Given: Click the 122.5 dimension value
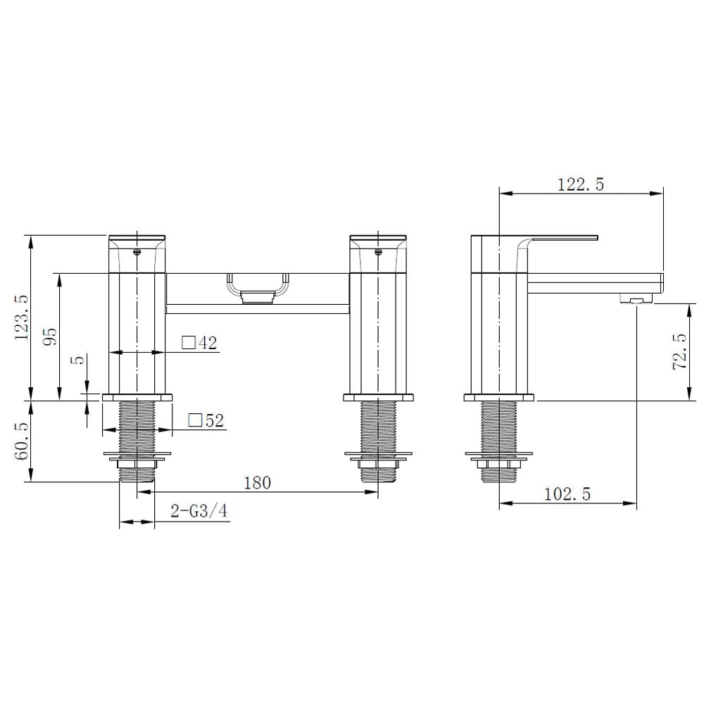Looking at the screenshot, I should pos(581,184).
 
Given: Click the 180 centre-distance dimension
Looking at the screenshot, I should pos(257,482).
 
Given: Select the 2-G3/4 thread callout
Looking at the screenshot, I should pos(199,511).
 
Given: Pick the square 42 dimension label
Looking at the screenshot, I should pos(199,344).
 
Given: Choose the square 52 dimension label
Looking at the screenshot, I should pos(206,421).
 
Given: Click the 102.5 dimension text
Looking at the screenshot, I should pos(567,494).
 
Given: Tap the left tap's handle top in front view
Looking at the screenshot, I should pos(137,237).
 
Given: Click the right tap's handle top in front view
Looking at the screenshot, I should pos(379,237).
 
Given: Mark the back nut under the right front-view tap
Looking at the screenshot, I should pos(379,464).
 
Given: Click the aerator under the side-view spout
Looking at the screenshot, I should pos(636,300).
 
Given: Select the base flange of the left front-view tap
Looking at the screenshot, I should pos(137,398).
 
